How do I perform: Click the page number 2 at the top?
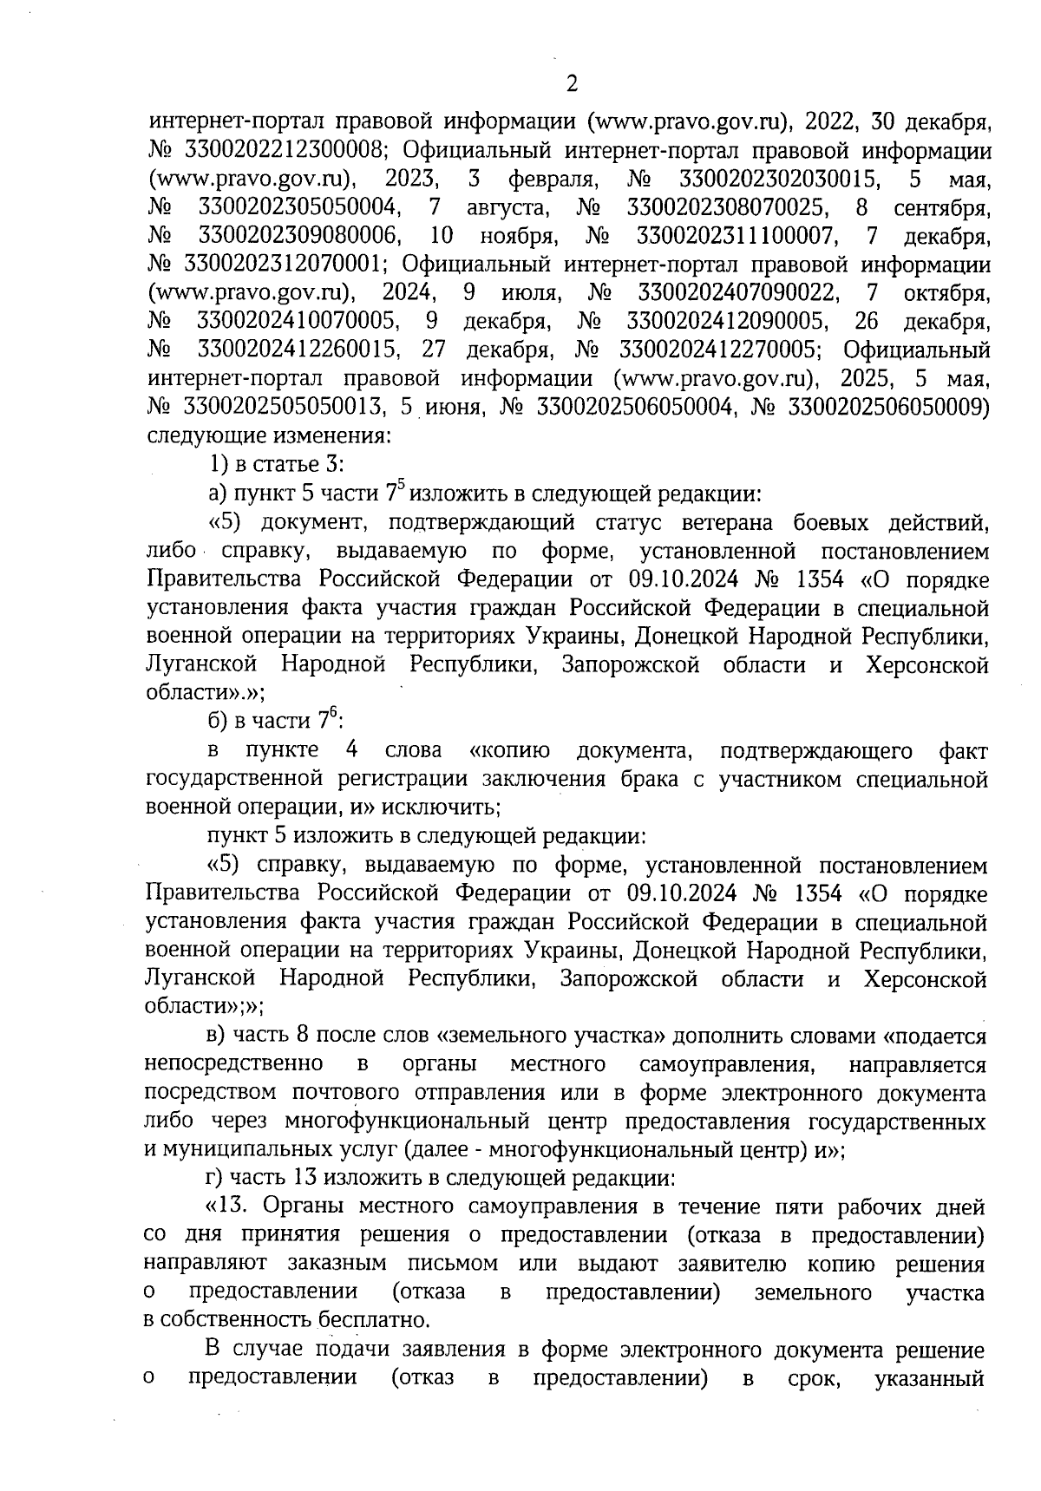[572, 84]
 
